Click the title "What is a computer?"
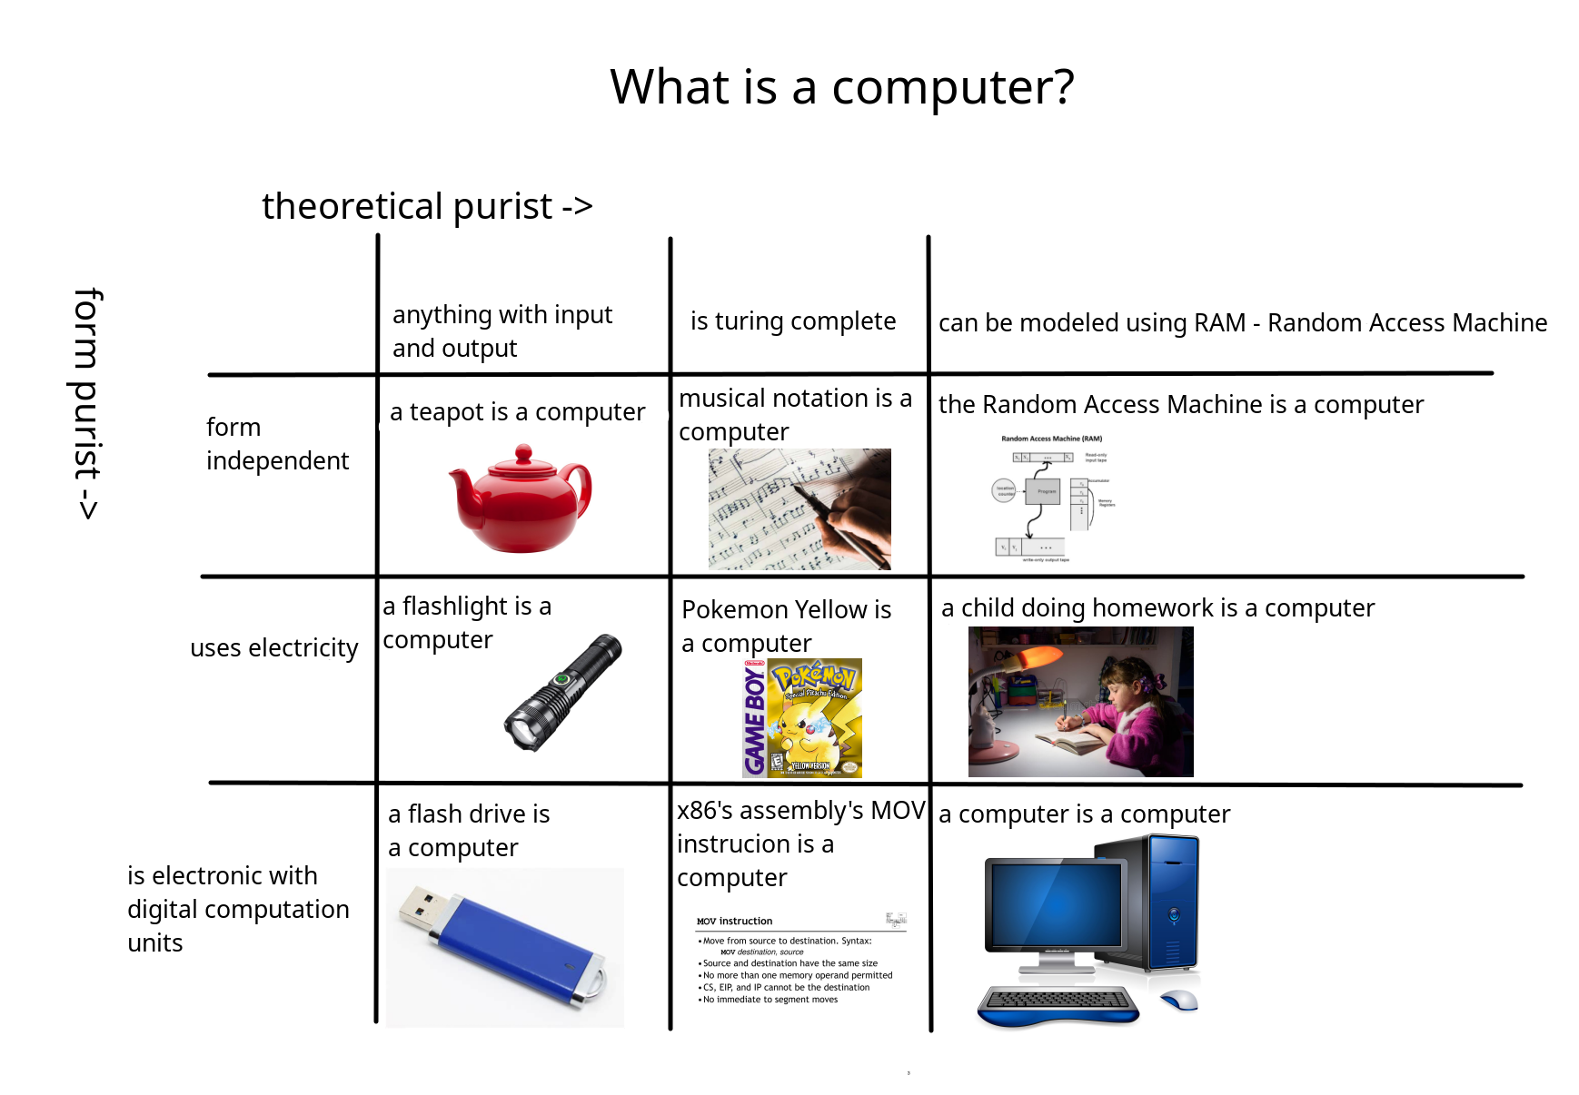[841, 87]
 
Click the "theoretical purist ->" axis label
[427, 206]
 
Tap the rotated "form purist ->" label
[87, 404]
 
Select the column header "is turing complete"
[792, 321]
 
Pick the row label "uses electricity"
[273, 648]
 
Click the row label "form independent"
[277, 444]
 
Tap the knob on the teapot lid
[523, 452]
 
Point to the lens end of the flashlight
[521, 732]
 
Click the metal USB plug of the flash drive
[422, 905]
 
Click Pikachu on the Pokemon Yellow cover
[804, 731]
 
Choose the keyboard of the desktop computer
[1058, 1002]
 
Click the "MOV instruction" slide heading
[734, 921]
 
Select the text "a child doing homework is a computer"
[1157, 608]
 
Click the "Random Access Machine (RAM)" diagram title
[1051, 439]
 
